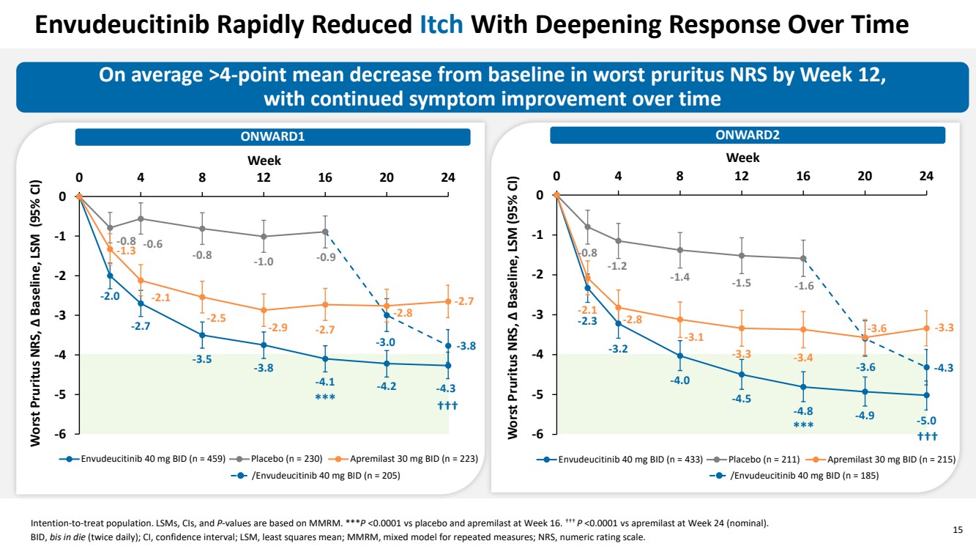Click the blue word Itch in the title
pos(441,25)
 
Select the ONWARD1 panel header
pos(272,137)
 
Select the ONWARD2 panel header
pos(748,135)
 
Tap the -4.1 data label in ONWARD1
pos(324,382)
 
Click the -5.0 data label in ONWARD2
pos(927,421)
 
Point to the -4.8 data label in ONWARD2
pos(804,411)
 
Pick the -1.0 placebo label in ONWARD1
pos(264,262)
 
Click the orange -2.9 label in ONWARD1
pos(278,327)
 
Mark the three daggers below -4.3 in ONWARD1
pos(448,405)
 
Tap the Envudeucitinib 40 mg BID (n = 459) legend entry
pos(144,460)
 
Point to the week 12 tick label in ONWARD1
pos(264,177)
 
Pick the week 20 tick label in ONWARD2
pos(865,176)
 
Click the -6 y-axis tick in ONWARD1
pos(62,434)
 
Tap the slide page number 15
pos(957,529)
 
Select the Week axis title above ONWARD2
pos(742,158)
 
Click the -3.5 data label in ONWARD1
pos(202,360)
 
